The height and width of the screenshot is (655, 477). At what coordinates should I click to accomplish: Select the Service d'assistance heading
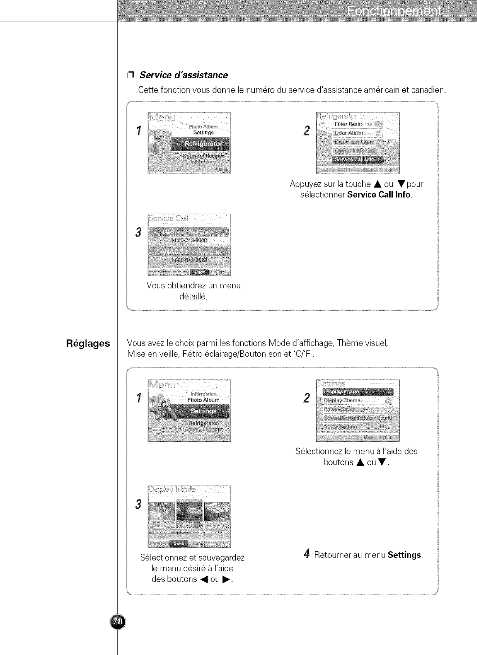(x=183, y=75)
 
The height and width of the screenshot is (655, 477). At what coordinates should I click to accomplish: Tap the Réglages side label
(x=88, y=344)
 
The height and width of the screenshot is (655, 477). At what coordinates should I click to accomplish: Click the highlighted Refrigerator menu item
(x=201, y=144)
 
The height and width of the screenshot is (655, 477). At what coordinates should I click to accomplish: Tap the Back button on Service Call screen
(x=198, y=272)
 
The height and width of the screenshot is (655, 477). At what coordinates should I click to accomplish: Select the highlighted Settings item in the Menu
(x=203, y=411)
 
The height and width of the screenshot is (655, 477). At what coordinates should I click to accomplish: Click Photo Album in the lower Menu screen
(x=203, y=400)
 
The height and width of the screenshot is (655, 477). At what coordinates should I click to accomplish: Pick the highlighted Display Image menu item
(x=357, y=391)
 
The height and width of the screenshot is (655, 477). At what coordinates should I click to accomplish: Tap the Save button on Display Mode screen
(x=178, y=543)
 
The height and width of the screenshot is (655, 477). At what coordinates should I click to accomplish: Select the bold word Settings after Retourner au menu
(x=405, y=555)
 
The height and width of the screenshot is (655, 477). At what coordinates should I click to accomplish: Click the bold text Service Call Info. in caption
(x=379, y=195)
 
